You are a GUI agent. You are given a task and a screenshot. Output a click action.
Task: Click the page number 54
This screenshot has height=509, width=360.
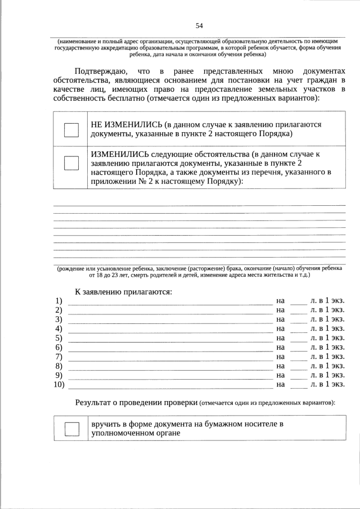point(199,26)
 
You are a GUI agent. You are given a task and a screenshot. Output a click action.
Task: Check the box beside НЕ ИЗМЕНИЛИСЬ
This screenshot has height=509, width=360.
point(71,129)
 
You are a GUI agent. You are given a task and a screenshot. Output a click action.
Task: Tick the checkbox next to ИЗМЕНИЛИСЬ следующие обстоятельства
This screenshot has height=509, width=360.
point(71,163)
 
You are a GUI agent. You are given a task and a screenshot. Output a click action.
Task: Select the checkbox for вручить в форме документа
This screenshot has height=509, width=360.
point(71,429)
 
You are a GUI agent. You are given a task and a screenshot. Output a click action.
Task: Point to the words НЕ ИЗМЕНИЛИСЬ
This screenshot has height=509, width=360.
point(123,124)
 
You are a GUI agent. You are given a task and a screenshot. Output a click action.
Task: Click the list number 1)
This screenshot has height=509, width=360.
point(58,301)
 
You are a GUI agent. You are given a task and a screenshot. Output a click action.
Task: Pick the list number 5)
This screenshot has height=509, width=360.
point(58,338)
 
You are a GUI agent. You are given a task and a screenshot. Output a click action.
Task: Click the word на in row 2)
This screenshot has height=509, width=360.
point(281,310)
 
